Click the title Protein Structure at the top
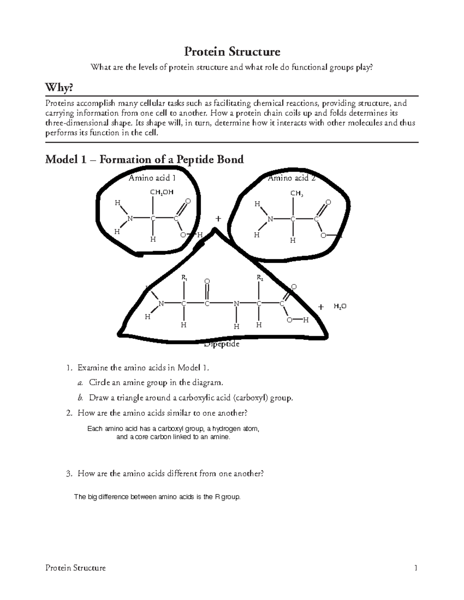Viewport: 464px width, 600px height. click(232, 51)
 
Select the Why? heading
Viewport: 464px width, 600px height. click(59, 88)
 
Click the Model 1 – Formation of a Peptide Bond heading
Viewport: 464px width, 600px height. click(144, 159)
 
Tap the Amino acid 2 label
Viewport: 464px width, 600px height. click(292, 178)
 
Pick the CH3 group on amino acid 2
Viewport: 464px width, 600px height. click(297, 193)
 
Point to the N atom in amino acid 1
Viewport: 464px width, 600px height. click(130, 219)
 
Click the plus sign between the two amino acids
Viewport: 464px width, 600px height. click(218, 219)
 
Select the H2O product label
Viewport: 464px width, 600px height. click(340, 306)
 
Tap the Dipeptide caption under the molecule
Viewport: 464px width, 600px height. click(222, 344)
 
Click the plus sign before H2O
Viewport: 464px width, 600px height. click(321, 307)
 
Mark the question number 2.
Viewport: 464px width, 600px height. click(69, 413)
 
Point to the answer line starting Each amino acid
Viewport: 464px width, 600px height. click(173, 429)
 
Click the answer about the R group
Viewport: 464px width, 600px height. click(157, 497)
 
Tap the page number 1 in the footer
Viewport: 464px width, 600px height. click(416, 568)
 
